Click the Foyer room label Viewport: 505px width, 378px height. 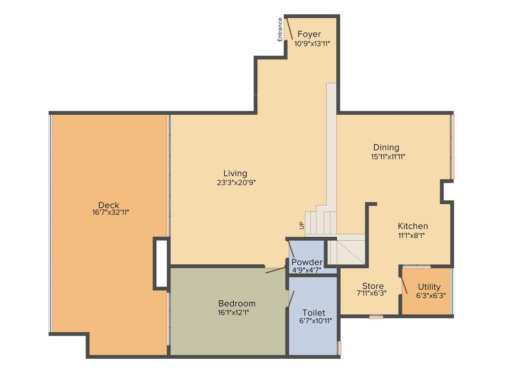[309, 34]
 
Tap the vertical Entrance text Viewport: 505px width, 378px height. [280, 30]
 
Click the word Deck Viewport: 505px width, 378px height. [108, 205]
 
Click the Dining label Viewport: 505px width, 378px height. [386, 148]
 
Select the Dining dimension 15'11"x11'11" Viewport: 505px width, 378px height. [389, 157]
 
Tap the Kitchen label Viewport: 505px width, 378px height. [413, 226]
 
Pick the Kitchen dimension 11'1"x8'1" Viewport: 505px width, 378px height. [411, 235]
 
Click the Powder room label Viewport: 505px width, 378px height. [307, 262]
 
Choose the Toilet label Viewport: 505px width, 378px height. [314, 313]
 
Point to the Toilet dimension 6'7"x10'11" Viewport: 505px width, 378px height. [315, 321]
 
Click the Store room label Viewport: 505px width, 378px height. [373, 286]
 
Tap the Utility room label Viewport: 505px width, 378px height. [429, 287]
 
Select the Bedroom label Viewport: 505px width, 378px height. [237, 304]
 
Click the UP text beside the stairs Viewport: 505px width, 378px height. [301, 225]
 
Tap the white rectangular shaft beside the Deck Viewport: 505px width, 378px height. [161, 263]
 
